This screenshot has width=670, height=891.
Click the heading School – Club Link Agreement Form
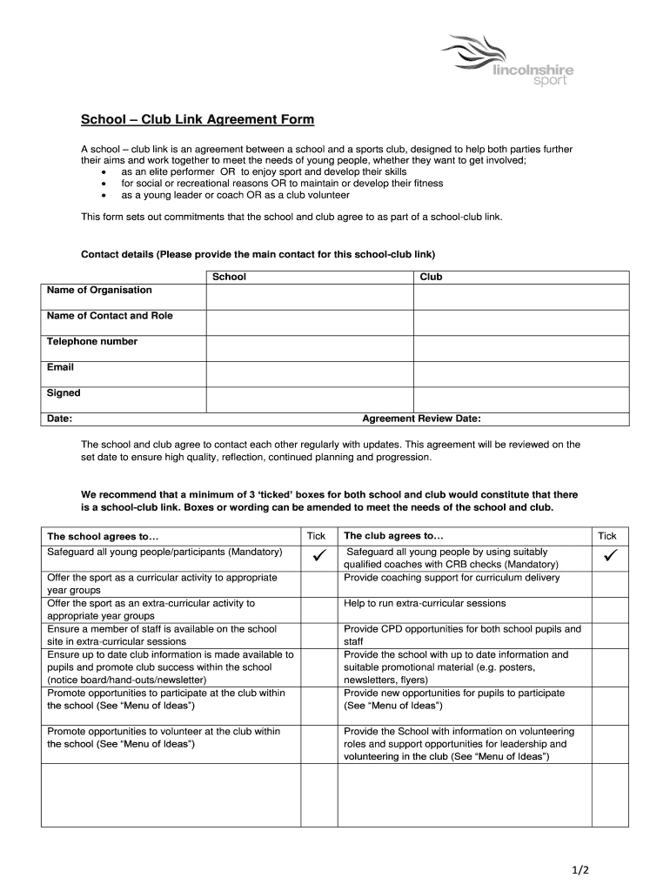[198, 119]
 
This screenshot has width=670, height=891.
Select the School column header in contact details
[230, 277]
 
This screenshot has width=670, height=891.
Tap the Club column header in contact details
[431, 277]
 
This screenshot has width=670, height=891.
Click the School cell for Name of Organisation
[309, 297]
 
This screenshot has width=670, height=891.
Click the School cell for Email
[309, 374]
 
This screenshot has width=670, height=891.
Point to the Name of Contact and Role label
[110, 316]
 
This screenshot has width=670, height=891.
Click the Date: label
[59, 419]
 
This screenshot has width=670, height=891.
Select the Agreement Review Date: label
[421, 419]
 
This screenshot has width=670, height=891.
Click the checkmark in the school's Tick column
[318, 554]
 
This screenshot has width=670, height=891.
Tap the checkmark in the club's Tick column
[607, 554]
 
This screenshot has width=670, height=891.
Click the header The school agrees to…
[104, 537]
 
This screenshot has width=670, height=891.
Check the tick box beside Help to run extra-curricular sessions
[607, 609]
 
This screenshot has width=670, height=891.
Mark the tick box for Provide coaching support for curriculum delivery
[607, 583]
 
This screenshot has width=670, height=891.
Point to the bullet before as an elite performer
[104, 172]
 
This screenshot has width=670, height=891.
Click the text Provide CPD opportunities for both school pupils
[462, 628]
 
